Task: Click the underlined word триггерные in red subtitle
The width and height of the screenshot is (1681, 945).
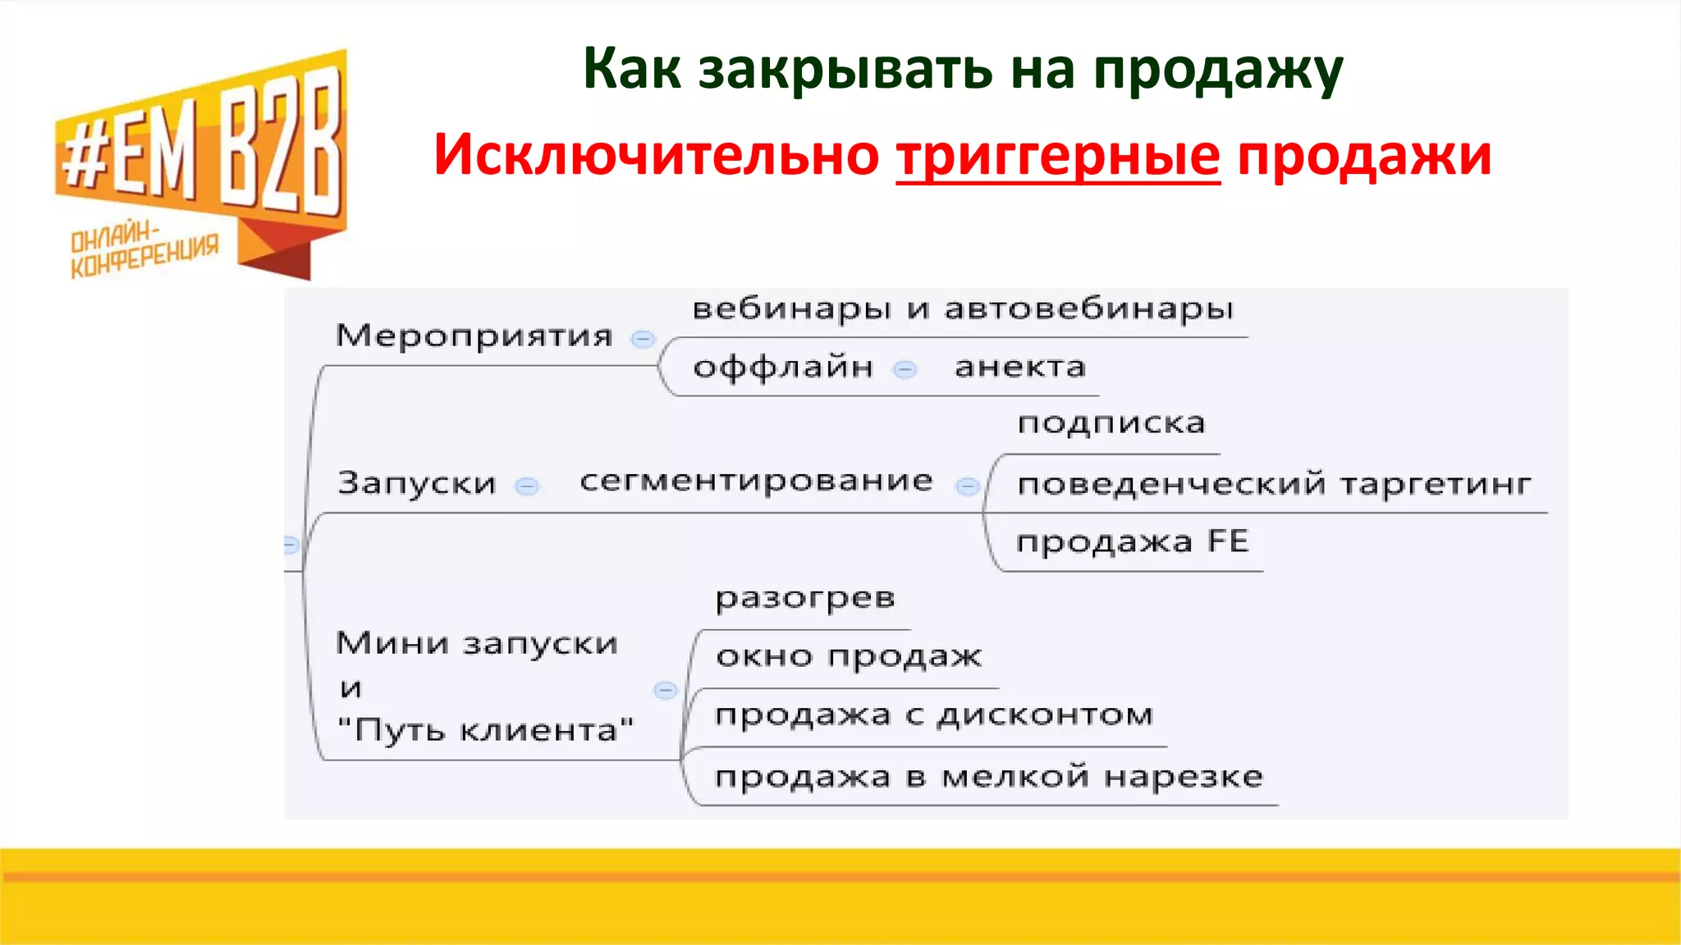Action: click(1058, 156)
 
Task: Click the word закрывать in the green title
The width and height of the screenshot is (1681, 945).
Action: click(845, 69)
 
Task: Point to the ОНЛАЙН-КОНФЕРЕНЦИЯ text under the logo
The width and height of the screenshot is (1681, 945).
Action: click(144, 250)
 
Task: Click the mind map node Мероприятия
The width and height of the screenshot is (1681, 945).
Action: click(474, 336)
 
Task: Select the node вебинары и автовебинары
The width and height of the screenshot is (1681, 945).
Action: click(962, 309)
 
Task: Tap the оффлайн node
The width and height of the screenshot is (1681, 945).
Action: click(783, 367)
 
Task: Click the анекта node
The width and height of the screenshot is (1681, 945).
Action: click(1020, 367)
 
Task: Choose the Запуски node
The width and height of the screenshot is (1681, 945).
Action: click(417, 482)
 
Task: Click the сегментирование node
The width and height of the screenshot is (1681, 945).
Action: click(756, 481)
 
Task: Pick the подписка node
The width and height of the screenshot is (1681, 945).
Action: click(1111, 423)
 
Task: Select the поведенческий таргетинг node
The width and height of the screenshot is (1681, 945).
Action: click(1273, 484)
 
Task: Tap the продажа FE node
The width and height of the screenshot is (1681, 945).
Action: click(1132, 541)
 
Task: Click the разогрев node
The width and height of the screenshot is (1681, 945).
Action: click(804, 598)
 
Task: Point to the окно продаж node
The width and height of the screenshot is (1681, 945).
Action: click(848, 656)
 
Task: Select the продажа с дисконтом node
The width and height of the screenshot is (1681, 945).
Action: click(934, 715)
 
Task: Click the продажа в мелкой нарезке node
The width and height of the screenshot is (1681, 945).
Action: click(988, 777)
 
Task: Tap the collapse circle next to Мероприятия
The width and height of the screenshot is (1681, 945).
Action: click(643, 339)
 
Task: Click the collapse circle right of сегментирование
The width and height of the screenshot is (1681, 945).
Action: click(968, 486)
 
